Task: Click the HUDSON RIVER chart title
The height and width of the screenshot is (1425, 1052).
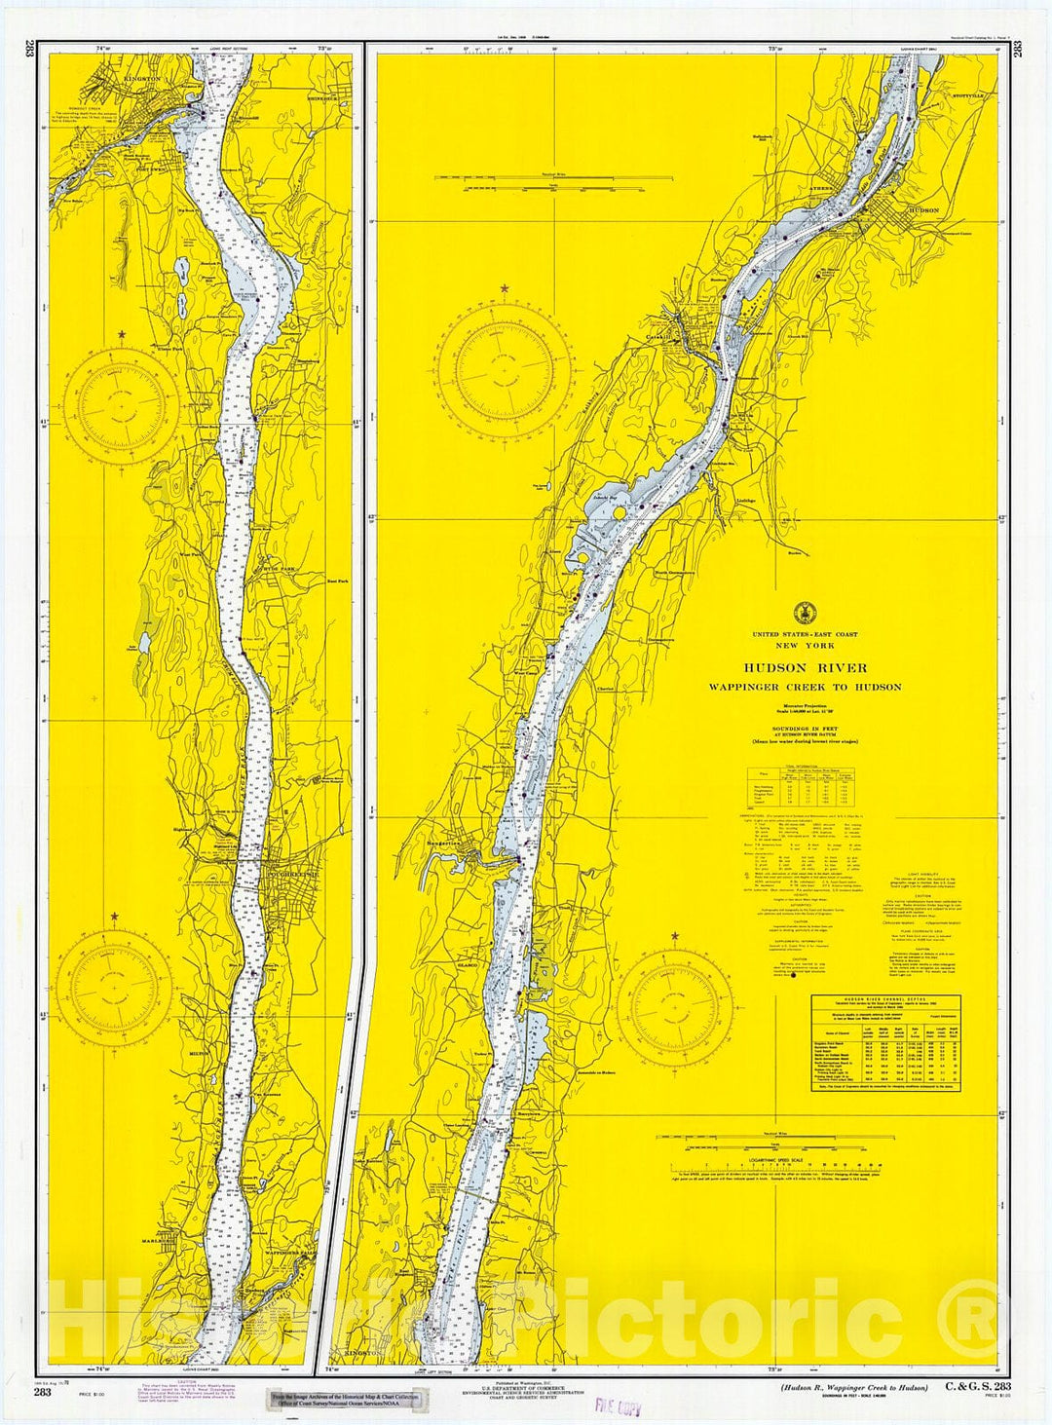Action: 805,668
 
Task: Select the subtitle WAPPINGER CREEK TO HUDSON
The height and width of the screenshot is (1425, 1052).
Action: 805,687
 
